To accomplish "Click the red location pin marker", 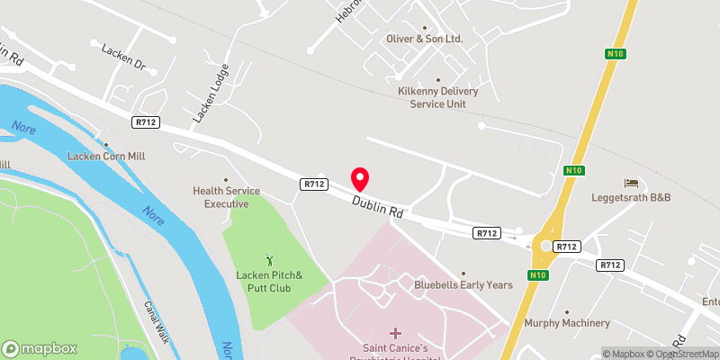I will [x=360, y=178].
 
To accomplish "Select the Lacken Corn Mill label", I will [x=106, y=156].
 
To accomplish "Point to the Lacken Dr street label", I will [x=123, y=65].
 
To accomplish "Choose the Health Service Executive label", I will [x=226, y=197].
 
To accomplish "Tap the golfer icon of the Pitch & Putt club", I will [x=269, y=259].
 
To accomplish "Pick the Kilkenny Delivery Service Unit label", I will [x=438, y=97].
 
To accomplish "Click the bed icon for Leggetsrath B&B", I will [x=631, y=183].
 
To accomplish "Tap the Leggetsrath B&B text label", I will [x=631, y=197].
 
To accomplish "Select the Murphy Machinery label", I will [x=567, y=323].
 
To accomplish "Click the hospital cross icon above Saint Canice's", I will [x=395, y=333].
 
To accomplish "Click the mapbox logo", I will [x=40, y=348].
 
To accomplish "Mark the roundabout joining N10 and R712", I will [x=545, y=244].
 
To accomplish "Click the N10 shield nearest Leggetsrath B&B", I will [x=575, y=170].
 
